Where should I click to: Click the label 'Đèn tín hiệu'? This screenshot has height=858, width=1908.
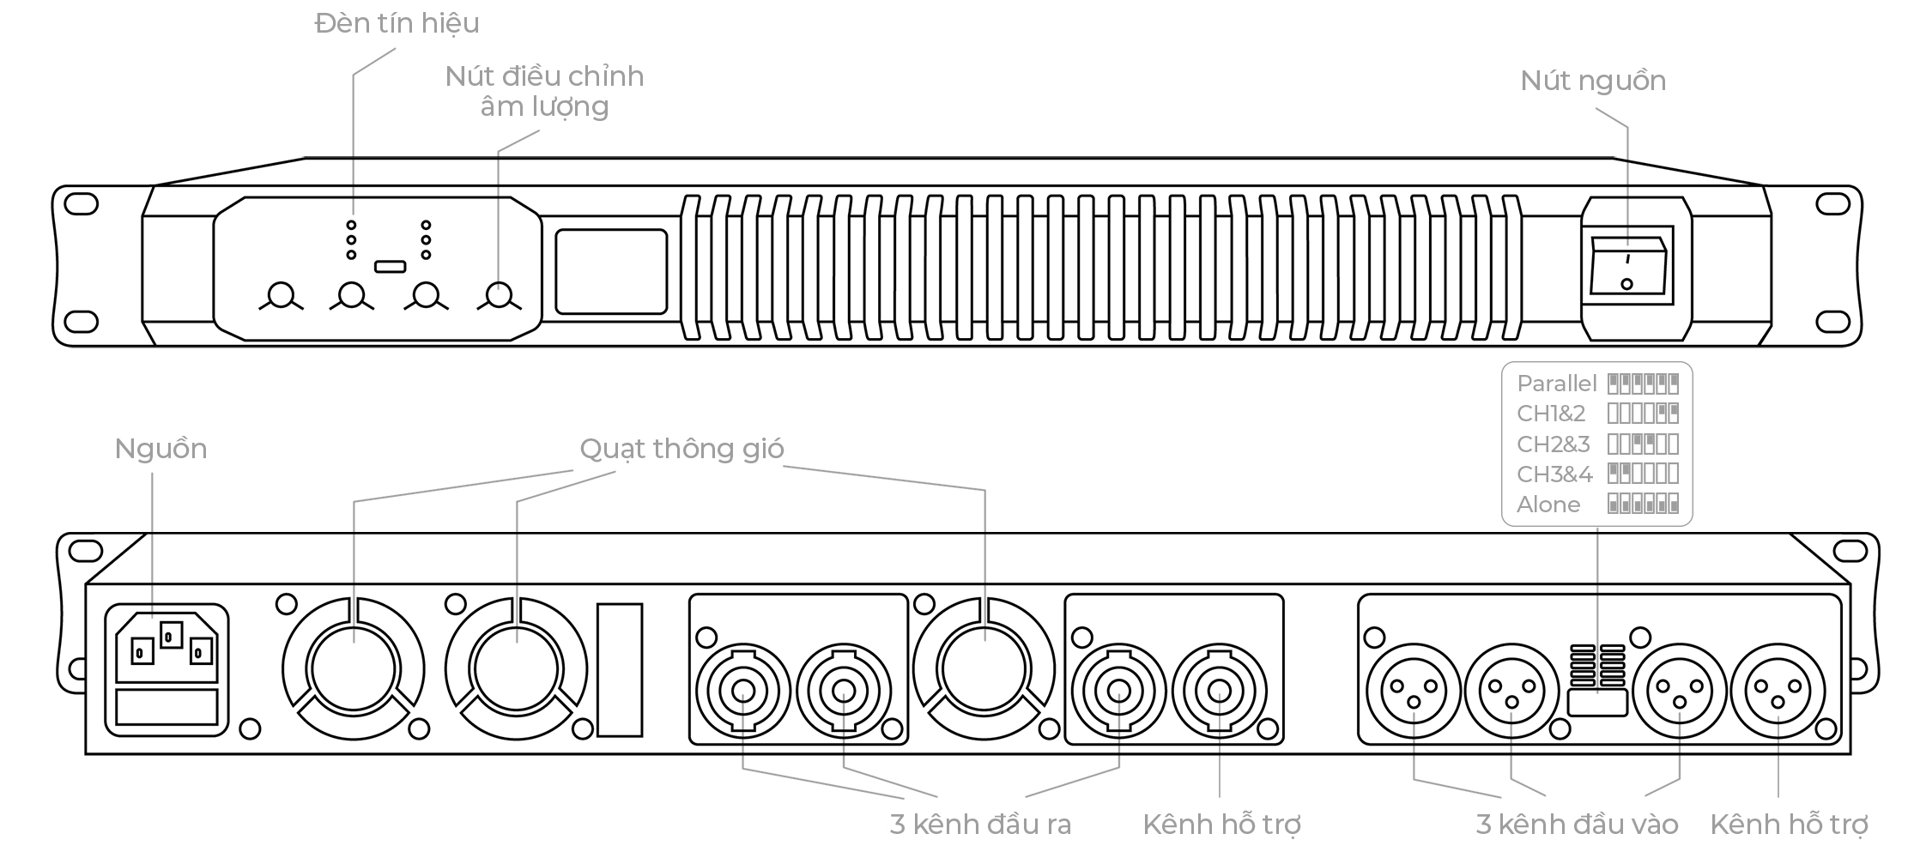point(397,23)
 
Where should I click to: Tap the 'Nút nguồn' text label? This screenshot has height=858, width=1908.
point(1592,81)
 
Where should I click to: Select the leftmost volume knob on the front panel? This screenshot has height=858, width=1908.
point(280,295)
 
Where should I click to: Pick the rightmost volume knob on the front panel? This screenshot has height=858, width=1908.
point(499,295)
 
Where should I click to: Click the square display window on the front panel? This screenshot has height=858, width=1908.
point(611,271)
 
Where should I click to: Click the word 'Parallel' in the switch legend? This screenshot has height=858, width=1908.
point(1556,384)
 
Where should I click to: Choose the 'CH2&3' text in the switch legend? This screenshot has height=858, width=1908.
point(1553,444)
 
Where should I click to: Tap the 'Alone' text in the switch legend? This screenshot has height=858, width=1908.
point(1548,505)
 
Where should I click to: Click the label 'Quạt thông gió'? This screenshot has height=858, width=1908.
point(681,449)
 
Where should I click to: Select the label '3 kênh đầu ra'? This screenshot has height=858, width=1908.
point(980,825)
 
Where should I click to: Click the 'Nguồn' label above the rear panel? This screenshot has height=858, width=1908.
point(161,449)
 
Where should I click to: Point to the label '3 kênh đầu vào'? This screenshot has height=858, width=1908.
point(1577,825)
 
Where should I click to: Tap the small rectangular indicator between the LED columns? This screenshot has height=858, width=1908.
point(390,266)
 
